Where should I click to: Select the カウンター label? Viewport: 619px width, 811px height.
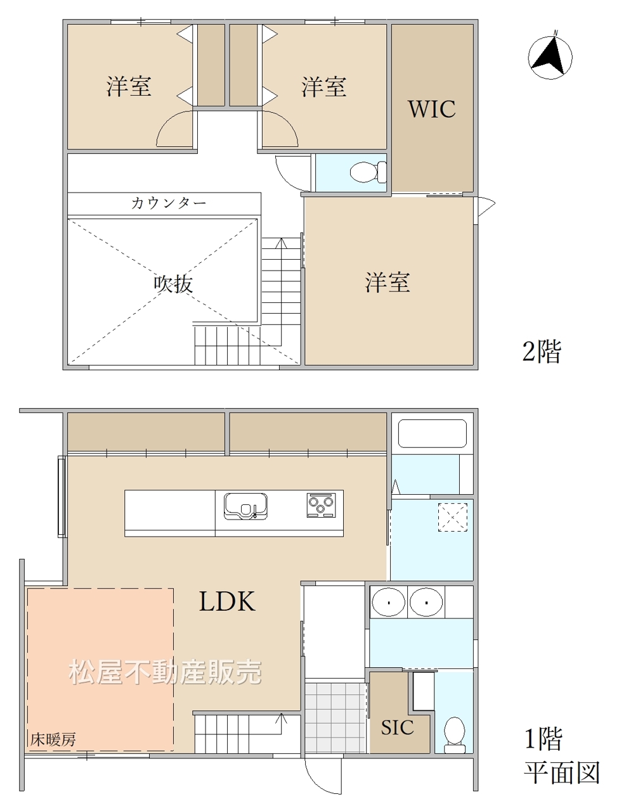(169, 203)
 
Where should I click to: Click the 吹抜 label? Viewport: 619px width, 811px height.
(173, 284)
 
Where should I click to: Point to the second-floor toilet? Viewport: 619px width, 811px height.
(368, 172)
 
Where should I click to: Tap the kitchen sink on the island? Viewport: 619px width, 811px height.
(245, 506)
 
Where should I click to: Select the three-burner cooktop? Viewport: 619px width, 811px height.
(321, 505)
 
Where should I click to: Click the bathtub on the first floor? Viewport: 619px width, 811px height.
(432, 434)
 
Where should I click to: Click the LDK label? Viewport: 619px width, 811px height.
(227, 601)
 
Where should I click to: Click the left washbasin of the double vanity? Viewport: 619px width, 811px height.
(388, 603)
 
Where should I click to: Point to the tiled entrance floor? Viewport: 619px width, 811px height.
(336, 717)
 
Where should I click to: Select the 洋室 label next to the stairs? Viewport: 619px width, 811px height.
(387, 283)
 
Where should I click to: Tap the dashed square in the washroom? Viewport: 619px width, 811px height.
(453, 517)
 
